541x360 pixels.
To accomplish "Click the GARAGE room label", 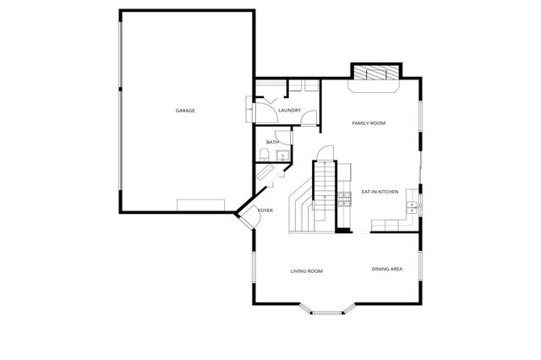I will (185, 111).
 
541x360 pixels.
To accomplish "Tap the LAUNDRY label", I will (290, 111).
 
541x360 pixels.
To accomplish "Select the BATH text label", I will (272, 142).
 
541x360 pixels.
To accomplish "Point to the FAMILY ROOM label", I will (369, 123).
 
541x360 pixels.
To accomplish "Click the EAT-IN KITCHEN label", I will (380, 192).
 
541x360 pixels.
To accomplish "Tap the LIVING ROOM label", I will (307, 271).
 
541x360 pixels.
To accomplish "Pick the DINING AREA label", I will (386, 269).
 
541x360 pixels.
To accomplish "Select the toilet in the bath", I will (265, 155).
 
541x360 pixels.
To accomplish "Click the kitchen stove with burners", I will (344, 200).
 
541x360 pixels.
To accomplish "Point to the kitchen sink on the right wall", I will (411, 205).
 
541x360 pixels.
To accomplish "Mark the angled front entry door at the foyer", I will (247, 215).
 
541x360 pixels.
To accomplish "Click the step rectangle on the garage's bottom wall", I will (200, 204).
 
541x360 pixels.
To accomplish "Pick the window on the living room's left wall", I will (254, 271).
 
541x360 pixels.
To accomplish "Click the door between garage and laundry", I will (254, 109).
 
